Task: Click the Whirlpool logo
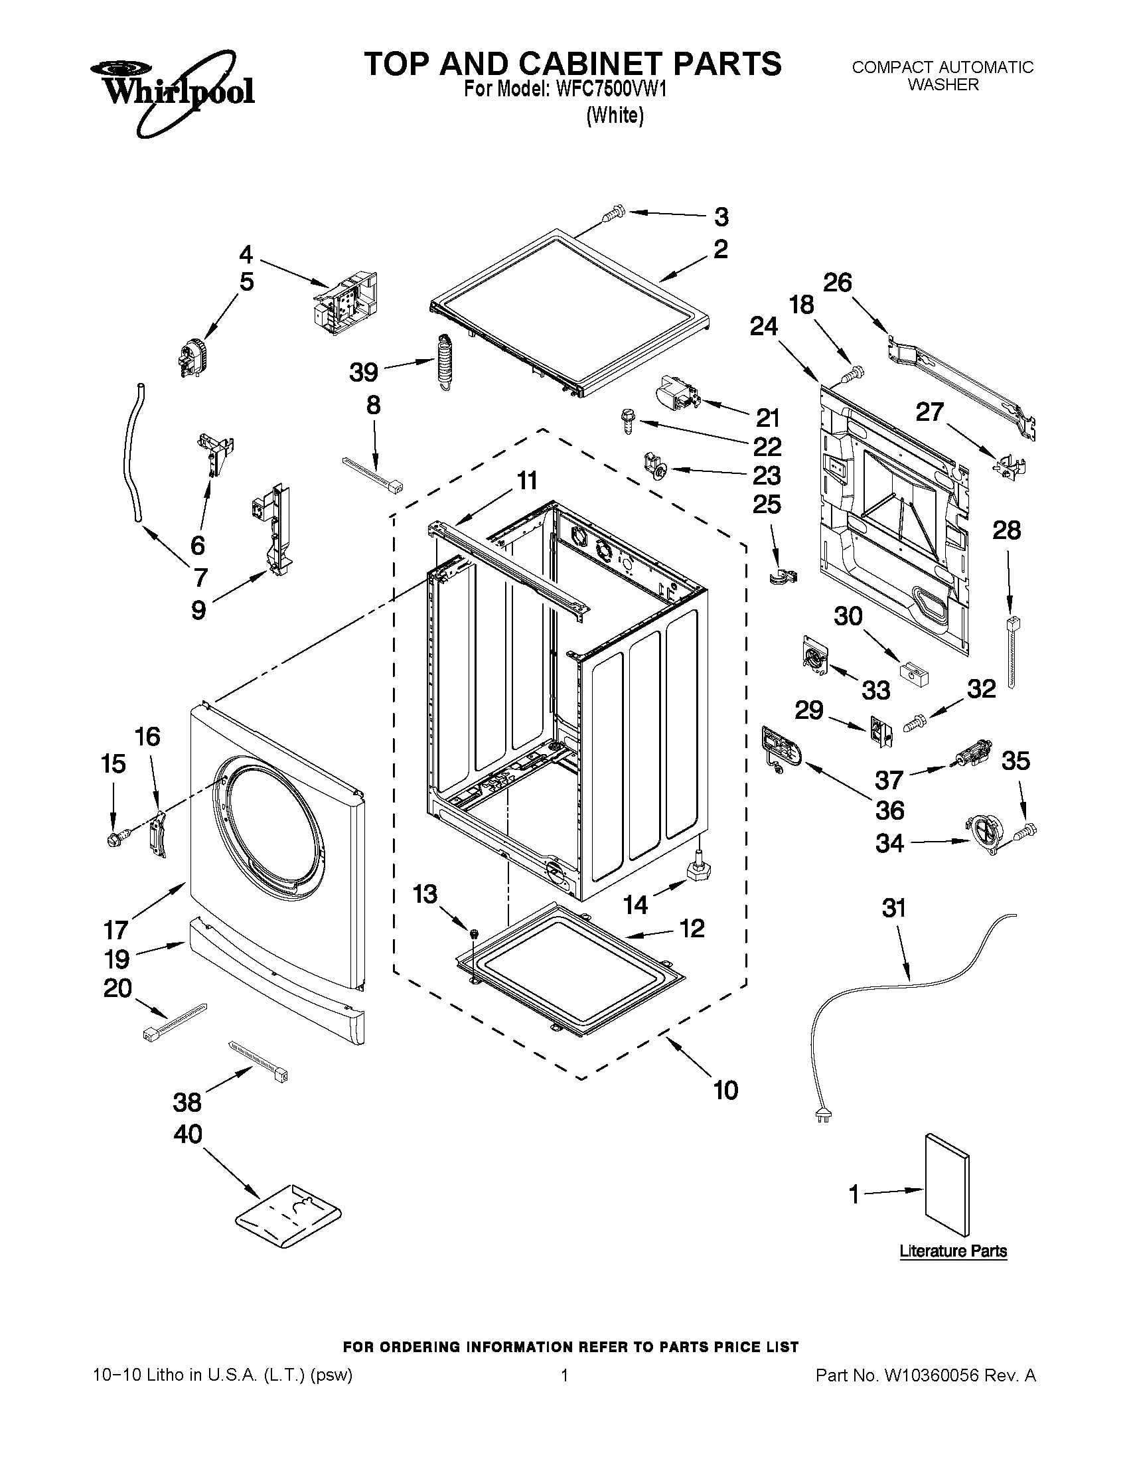click(x=172, y=90)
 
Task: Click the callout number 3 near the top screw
click(x=721, y=217)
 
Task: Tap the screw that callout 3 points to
click(x=612, y=213)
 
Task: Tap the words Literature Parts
click(x=953, y=1251)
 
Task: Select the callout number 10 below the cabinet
click(x=725, y=1090)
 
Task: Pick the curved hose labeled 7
click(x=131, y=453)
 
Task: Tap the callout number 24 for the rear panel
click(x=764, y=327)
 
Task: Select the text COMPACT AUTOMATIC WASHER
click(x=942, y=76)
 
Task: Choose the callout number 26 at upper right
click(x=837, y=282)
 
